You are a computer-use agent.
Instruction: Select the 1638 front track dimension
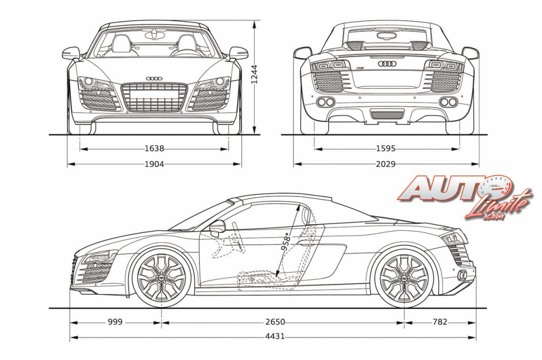[154, 149]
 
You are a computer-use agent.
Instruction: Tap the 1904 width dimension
[154, 164]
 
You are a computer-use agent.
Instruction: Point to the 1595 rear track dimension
[386, 149]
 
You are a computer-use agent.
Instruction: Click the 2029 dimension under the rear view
[386, 164]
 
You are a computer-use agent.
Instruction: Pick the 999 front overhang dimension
[116, 321]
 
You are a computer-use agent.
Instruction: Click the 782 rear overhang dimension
[439, 321]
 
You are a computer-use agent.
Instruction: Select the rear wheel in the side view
[404, 277]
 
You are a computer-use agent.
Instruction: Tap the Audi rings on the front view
[154, 78]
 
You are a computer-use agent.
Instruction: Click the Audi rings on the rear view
[386, 64]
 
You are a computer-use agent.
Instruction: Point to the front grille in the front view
[154, 97]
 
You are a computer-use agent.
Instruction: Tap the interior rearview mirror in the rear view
[386, 36]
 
